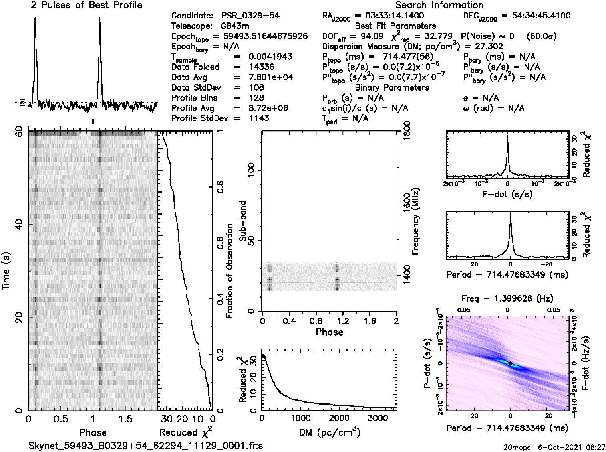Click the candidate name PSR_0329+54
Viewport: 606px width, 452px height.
click(x=250, y=16)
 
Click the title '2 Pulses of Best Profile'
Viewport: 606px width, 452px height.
click(x=86, y=5)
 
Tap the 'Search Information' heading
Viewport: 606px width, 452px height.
click(x=439, y=5)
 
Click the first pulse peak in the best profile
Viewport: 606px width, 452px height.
click(x=35, y=18)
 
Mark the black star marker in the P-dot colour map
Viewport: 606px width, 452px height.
click(x=511, y=363)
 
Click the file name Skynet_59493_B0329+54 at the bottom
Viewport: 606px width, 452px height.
click(x=146, y=446)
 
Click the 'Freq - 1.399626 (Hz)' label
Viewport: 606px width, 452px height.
click(x=507, y=298)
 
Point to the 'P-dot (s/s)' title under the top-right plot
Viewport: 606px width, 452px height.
click(x=507, y=194)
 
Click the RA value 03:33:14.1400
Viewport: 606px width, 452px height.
click(x=389, y=16)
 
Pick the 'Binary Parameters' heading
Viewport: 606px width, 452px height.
click(x=392, y=87)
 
